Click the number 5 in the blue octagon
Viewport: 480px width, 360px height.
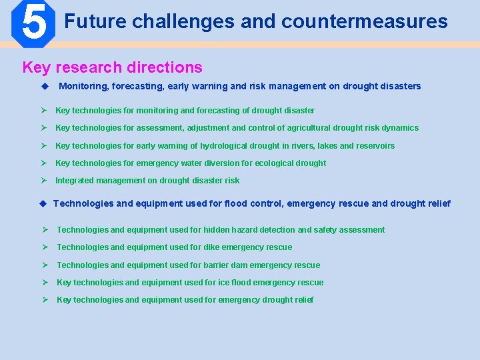(x=33, y=23)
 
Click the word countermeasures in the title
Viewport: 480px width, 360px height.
(x=364, y=22)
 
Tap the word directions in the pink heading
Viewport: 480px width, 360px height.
(x=165, y=67)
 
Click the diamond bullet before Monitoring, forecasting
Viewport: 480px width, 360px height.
(x=45, y=86)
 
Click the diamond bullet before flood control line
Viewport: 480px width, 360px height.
(x=44, y=203)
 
